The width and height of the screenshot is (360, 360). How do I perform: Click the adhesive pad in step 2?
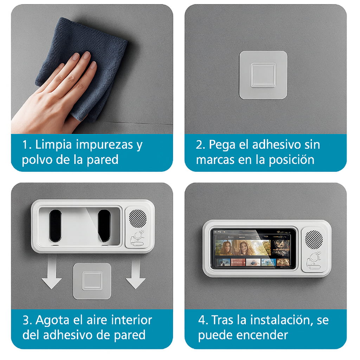[263, 75]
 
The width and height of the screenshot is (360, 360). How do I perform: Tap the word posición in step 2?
[291, 160]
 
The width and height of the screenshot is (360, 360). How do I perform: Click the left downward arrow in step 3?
[52, 272]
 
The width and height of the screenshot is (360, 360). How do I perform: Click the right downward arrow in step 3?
[136, 272]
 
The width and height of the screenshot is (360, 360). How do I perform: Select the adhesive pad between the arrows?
[92, 281]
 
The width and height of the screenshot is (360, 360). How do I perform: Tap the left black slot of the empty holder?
[55, 226]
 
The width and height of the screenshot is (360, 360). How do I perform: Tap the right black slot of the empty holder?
[104, 226]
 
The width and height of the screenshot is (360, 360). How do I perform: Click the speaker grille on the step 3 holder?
[138, 218]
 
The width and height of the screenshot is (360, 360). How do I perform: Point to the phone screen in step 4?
[253, 248]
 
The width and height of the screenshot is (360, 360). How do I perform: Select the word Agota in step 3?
[52, 321]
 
